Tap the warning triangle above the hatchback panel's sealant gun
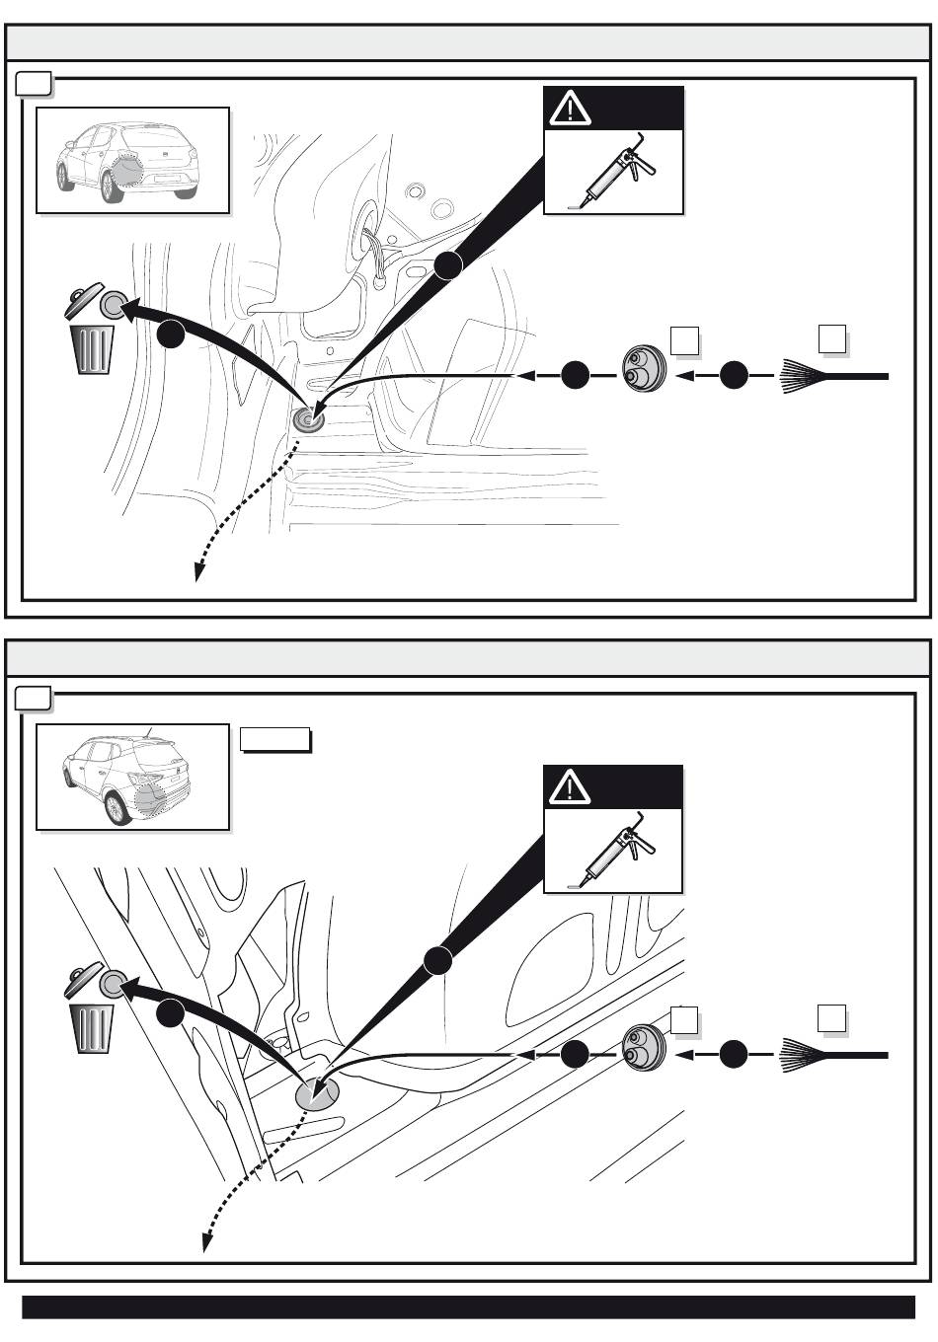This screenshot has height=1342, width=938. tap(570, 108)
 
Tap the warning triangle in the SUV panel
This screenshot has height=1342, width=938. tap(570, 787)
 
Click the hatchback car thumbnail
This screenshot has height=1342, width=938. tap(132, 160)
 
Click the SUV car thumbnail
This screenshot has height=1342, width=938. tap(132, 778)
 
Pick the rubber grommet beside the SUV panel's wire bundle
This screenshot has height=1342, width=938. tap(644, 1050)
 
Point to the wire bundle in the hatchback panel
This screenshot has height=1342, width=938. tap(833, 376)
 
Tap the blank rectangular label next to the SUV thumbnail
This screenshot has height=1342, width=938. tap(275, 739)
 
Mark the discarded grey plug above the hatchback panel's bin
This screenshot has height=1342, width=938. tap(114, 305)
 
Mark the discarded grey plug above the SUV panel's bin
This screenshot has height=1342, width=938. tap(114, 984)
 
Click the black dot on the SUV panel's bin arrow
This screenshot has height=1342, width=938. tap(170, 1012)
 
